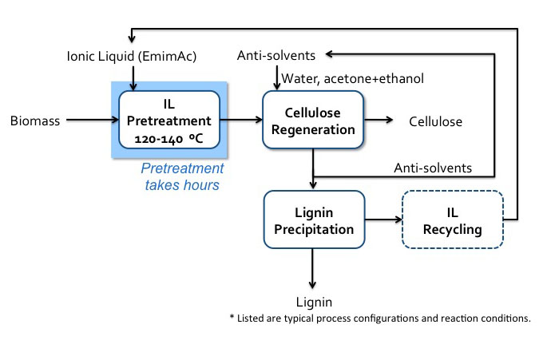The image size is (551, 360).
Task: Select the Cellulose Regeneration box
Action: click(x=313, y=120)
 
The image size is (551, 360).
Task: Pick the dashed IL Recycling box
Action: click(x=453, y=220)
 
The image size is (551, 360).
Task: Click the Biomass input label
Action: click(x=34, y=121)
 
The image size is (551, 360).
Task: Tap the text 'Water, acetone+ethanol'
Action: click(x=352, y=77)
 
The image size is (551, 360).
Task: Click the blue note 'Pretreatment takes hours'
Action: click(x=183, y=176)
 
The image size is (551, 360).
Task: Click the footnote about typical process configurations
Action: click(x=379, y=318)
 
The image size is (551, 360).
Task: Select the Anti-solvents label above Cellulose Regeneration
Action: click(x=276, y=55)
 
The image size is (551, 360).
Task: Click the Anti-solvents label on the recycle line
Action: click(x=433, y=168)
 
